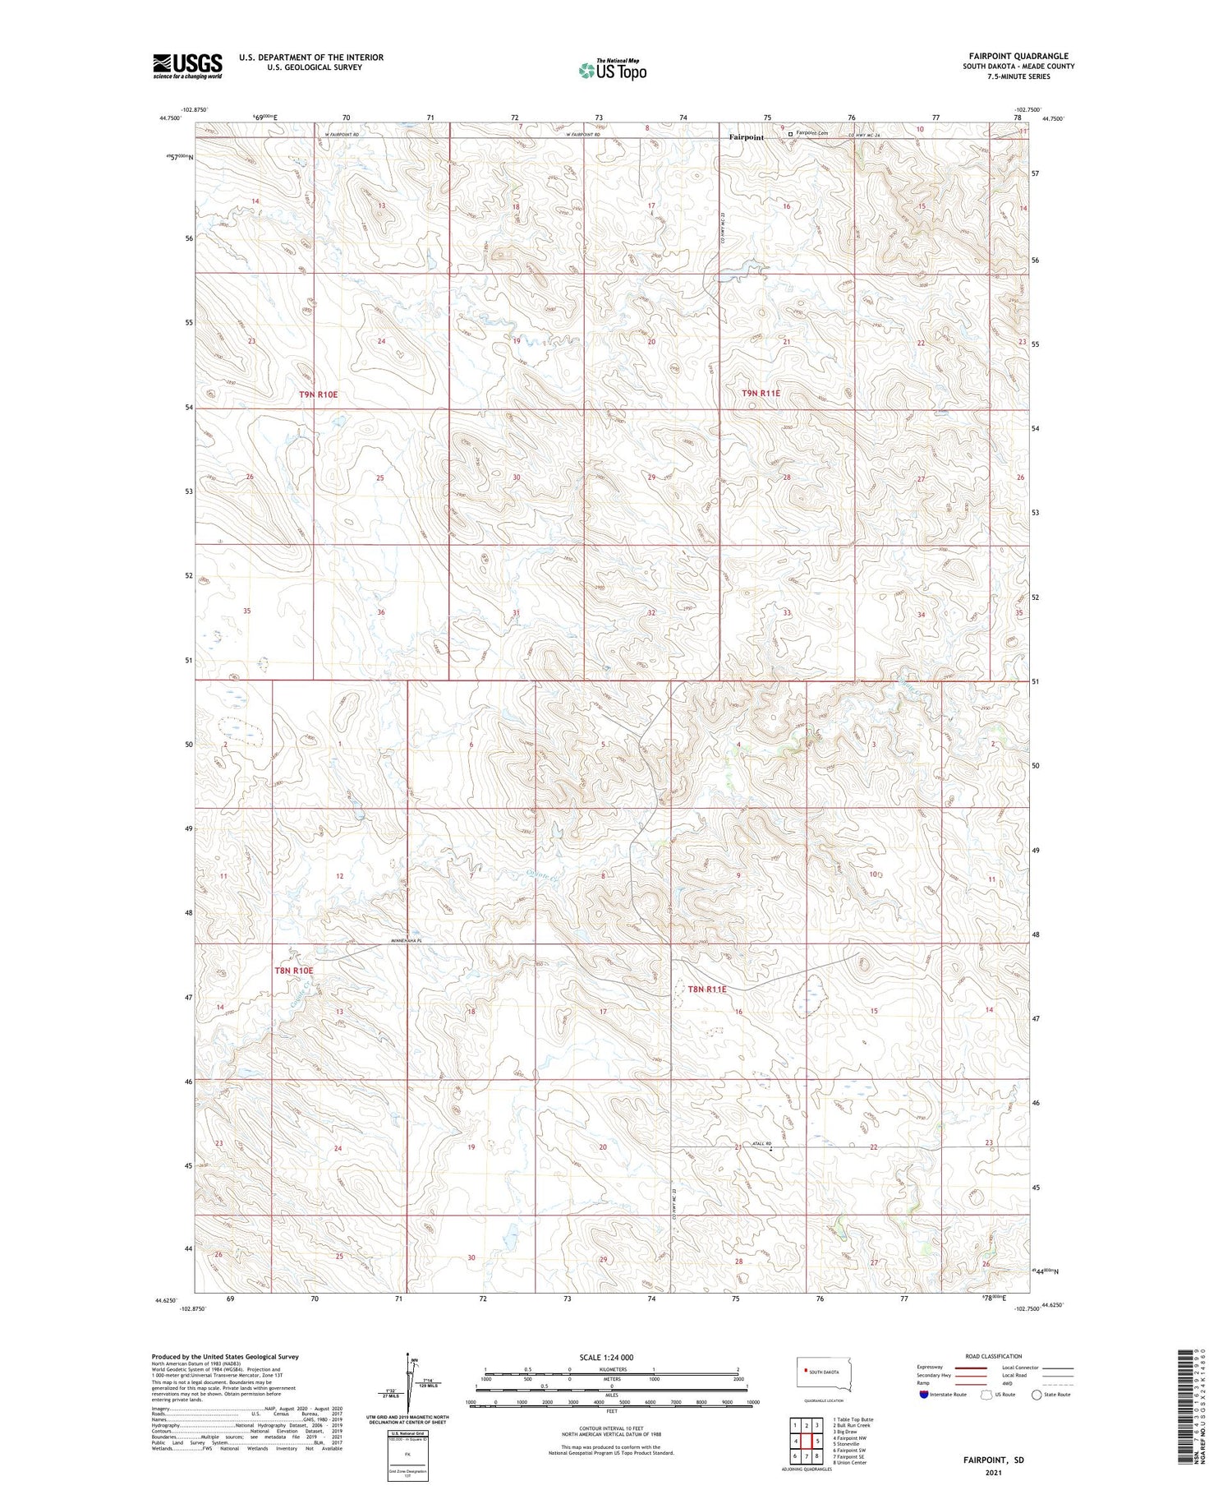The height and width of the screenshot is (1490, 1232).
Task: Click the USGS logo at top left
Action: pyautogui.click(x=187, y=65)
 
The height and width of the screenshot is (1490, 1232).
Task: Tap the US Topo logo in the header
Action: pyautogui.click(x=612, y=71)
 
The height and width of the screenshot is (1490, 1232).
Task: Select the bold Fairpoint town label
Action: pyautogui.click(x=747, y=137)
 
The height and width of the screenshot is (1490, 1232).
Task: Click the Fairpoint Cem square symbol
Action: pyautogui.click(x=791, y=133)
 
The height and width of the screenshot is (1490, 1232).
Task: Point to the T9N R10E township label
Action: pyautogui.click(x=318, y=394)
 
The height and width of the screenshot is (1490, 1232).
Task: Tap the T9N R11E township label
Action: pyautogui.click(x=761, y=394)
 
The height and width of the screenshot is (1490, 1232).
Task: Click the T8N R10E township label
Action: pyautogui.click(x=293, y=971)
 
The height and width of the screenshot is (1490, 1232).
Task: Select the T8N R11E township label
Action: pyautogui.click(x=706, y=989)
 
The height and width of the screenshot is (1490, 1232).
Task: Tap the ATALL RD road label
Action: pyautogui.click(x=763, y=1143)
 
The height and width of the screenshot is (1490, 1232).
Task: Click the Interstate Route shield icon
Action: pyautogui.click(x=924, y=1394)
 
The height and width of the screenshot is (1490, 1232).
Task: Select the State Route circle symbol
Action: pyautogui.click(x=1037, y=1394)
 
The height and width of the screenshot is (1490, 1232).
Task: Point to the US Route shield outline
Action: pyautogui.click(x=986, y=1394)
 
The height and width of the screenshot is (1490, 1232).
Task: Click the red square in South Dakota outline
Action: pyautogui.click(x=804, y=1372)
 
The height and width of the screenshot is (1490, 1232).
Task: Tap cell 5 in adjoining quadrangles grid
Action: pyautogui.click(x=818, y=1441)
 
